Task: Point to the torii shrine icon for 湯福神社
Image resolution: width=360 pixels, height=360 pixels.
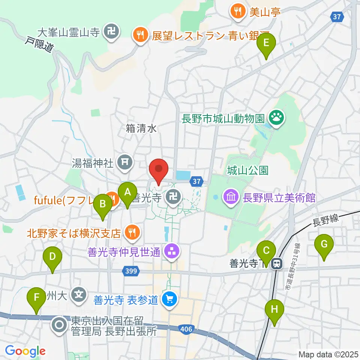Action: [x=123, y=162]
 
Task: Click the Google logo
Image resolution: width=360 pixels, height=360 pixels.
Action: [x=25, y=351]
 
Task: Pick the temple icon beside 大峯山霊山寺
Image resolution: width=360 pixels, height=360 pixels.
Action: [x=112, y=32]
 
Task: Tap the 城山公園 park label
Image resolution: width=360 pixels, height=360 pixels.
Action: [x=248, y=170]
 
